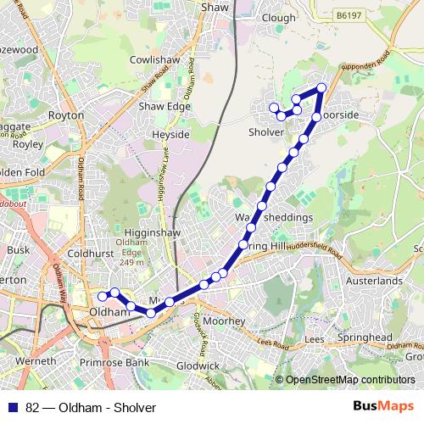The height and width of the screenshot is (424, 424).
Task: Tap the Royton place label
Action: [x=66, y=114]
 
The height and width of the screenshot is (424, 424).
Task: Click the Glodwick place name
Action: [x=199, y=365]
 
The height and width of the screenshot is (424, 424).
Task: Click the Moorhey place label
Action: [x=225, y=321]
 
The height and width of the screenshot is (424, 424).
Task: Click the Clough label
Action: [x=279, y=17]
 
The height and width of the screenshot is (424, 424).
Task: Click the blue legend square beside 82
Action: [x=13, y=407]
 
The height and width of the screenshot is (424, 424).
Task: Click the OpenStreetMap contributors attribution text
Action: [x=350, y=379]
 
